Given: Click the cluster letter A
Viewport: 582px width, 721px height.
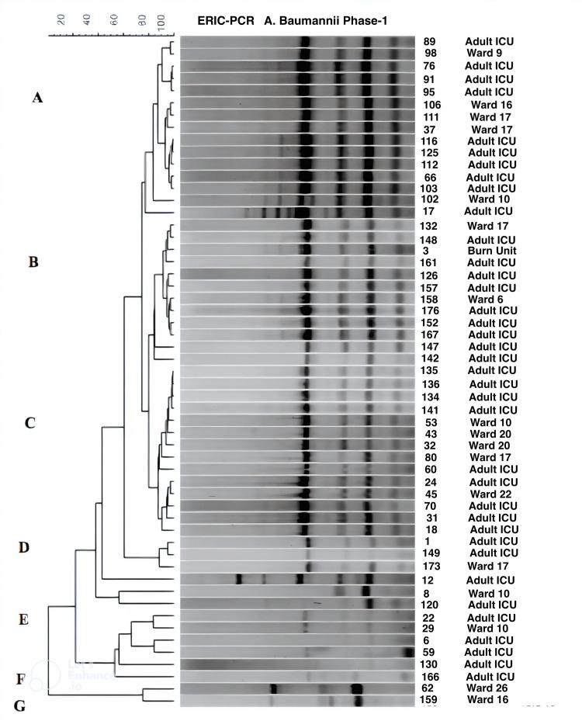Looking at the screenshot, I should [37, 98].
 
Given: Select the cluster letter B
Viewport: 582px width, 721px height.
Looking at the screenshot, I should [33, 262].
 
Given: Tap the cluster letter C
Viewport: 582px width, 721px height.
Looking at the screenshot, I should [30, 423].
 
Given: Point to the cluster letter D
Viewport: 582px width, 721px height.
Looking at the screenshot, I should [23, 548].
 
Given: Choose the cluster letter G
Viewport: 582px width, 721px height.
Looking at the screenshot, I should [20, 706].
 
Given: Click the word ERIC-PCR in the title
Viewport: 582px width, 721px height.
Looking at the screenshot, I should [226, 21].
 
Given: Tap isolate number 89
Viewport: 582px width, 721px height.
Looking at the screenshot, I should [430, 41].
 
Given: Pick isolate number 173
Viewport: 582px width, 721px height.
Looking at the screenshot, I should [432, 566].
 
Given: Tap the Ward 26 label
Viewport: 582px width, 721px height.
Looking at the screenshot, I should [490, 687].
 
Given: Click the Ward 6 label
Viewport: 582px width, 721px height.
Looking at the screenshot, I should [487, 299].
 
